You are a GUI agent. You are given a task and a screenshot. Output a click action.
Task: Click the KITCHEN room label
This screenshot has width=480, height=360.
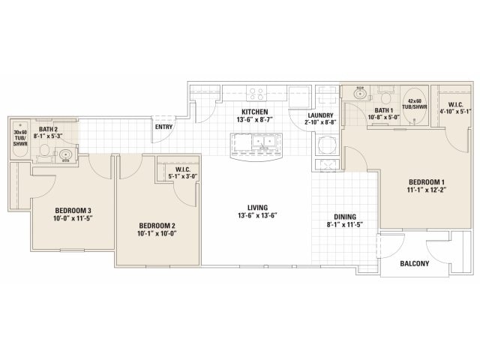[255, 112]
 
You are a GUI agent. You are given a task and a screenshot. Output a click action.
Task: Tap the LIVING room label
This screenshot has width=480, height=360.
[257, 208]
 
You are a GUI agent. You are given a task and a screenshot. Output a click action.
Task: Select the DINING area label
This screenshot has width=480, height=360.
[345, 217]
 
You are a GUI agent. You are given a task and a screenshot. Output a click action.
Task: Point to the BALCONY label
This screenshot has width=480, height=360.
[415, 263]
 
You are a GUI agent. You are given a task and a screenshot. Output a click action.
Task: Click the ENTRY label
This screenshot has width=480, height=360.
[163, 127]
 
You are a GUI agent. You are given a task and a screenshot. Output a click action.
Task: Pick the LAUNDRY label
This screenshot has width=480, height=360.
[320, 115]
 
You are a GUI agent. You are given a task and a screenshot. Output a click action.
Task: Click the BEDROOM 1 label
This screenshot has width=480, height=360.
[427, 182]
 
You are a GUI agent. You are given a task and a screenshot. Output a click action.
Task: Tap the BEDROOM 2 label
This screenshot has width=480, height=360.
[157, 226]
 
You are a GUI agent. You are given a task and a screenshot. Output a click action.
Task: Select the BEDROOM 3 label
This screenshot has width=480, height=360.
[73, 211]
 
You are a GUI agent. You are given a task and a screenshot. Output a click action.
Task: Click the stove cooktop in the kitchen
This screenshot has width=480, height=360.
[256, 93]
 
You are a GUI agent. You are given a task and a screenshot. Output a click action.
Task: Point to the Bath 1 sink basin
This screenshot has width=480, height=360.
[361, 93]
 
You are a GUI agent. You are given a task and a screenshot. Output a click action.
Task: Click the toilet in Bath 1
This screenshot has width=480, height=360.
[385, 95]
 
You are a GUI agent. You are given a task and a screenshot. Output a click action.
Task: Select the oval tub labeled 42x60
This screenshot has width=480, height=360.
[415, 106]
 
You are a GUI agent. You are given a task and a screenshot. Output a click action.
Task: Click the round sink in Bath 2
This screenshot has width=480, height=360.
[65, 154]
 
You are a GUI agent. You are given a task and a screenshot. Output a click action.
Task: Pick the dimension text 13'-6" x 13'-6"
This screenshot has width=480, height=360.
[257, 215]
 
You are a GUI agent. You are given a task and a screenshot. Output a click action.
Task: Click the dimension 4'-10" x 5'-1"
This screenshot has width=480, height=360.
[455, 112]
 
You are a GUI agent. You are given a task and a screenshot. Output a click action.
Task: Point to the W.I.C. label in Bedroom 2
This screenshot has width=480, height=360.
[183, 169]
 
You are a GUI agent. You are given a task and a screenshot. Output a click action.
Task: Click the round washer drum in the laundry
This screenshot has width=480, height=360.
[325, 144]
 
